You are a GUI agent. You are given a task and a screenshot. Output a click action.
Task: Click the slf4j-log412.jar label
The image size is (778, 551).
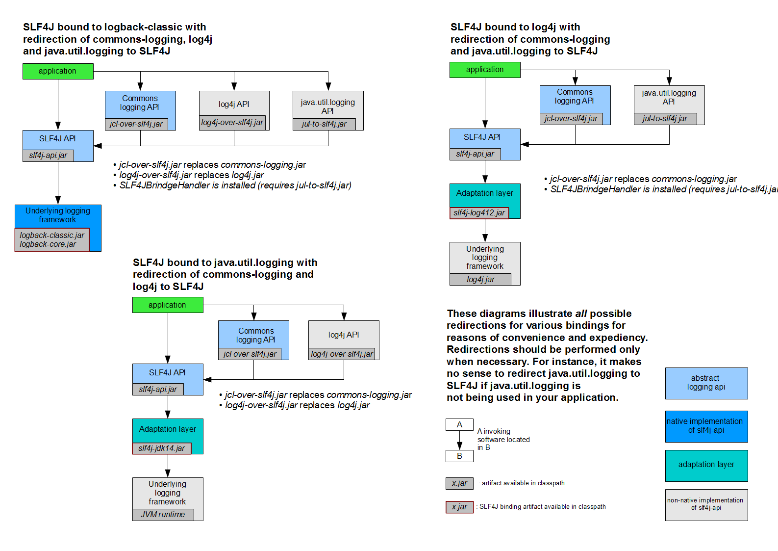[479, 213]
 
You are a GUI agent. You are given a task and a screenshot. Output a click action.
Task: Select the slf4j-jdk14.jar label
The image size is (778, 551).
[161, 448]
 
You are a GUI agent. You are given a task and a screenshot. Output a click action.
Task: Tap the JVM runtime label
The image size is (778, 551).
[163, 515]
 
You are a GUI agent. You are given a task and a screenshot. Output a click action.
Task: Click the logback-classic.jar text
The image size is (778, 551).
[52, 236]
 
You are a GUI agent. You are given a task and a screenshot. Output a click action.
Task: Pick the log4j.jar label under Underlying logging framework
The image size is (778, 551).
[480, 280]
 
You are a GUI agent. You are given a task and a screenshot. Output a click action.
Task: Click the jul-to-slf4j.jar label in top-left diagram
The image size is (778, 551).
[324, 124]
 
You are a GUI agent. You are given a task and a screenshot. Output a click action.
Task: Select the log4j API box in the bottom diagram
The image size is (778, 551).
[343, 335]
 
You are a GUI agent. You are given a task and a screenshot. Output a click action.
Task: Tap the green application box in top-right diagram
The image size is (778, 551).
[484, 70]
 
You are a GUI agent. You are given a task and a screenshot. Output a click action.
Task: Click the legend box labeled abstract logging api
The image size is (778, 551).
[706, 383]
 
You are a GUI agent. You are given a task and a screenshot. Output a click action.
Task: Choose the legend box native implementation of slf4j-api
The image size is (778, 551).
[706, 426]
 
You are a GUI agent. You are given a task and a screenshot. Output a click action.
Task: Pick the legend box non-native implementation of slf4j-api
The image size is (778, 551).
[706, 504]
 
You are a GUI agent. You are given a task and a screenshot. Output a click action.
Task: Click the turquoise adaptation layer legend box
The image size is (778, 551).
[706, 465]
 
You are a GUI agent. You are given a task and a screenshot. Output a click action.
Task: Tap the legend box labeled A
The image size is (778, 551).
[459, 425]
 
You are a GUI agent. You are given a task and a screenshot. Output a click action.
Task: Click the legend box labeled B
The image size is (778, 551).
[459, 456]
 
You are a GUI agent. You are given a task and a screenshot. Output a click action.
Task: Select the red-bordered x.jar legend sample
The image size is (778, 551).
[459, 507]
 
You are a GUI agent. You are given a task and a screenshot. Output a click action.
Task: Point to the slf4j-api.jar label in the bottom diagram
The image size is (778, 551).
[158, 390]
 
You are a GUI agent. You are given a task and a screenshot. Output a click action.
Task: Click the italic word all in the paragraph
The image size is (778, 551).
[581, 314]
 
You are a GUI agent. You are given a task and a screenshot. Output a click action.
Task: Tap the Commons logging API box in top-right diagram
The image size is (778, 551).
[575, 97]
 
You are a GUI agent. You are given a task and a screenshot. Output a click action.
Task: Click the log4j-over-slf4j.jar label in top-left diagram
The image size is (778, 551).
[232, 123]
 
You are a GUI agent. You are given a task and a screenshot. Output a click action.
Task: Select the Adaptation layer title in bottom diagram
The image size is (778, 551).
[167, 429]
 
